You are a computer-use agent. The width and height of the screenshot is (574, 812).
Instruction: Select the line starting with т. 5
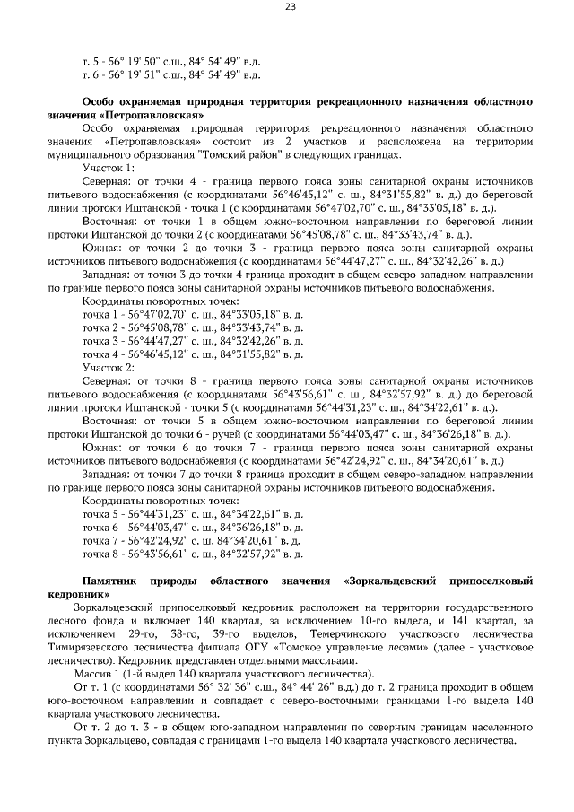170,61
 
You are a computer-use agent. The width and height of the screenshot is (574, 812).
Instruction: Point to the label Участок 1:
109,168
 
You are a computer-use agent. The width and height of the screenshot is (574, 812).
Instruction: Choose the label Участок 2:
109,368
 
